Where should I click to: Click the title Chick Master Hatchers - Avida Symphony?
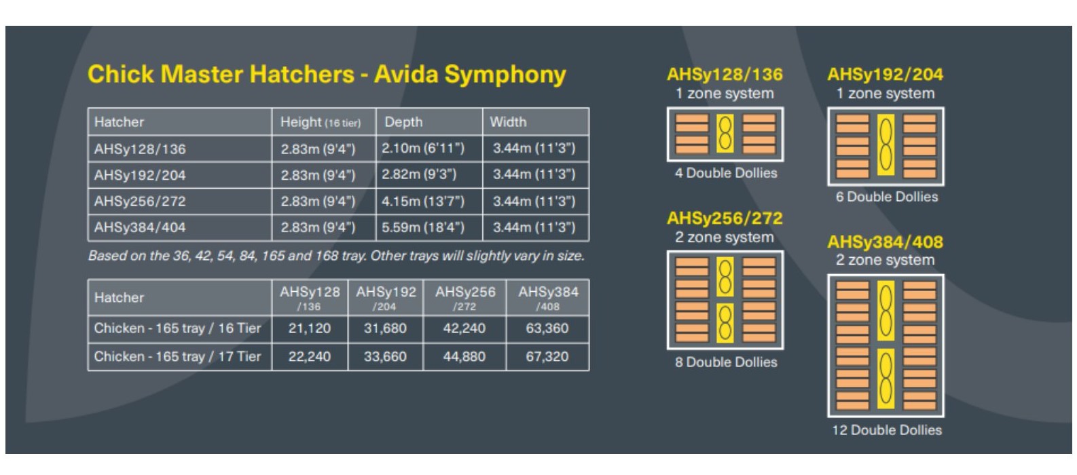pyautogui.click(x=327, y=75)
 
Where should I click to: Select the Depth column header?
pyautogui.click(x=403, y=122)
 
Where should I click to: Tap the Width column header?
pyautogui.click(x=508, y=122)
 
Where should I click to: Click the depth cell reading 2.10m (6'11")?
pyautogui.click(x=423, y=149)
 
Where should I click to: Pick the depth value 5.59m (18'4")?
pyautogui.click(x=423, y=227)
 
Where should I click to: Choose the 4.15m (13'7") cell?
pyautogui.click(x=423, y=202)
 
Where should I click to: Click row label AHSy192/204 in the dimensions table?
pyautogui.click(x=140, y=175)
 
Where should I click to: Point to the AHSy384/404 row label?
pyautogui.click(x=140, y=227)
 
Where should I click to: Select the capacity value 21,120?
pyautogui.click(x=310, y=328)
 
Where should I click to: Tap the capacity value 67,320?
pyautogui.click(x=547, y=356)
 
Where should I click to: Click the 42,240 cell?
pyautogui.click(x=464, y=328)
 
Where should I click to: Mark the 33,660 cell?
pyautogui.click(x=385, y=356)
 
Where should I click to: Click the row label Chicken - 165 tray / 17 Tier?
pyautogui.click(x=177, y=356)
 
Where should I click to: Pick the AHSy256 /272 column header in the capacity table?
pyautogui.click(x=465, y=298)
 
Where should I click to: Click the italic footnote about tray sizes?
pyautogui.click(x=336, y=256)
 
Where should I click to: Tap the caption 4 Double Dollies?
pyautogui.click(x=726, y=173)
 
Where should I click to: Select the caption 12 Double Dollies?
pyautogui.click(x=887, y=430)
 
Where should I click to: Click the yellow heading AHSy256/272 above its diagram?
pyautogui.click(x=725, y=218)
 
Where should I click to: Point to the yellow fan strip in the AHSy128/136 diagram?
pyautogui.click(x=725, y=134)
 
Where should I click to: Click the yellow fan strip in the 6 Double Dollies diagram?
pyautogui.click(x=886, y=145)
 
